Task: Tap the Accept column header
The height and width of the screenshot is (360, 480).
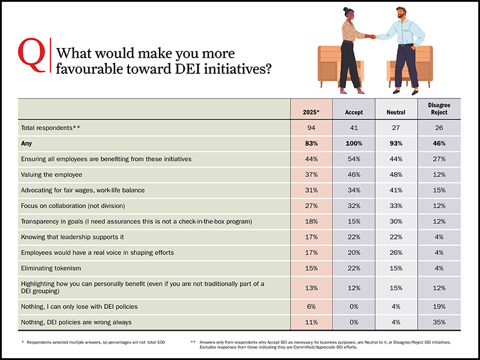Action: click(353, 112)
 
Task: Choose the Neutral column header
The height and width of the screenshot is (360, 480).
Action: click(395, 112)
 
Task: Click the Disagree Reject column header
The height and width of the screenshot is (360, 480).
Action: click(439, 109)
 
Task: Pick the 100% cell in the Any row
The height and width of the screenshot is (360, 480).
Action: click(353, 143)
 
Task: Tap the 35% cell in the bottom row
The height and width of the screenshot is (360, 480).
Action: click(439, 322)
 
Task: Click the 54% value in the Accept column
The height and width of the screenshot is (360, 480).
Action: click(353, 158)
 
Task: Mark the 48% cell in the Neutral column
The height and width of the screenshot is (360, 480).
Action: click(395, 175)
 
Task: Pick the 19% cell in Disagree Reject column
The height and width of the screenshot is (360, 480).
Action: click(439, 307)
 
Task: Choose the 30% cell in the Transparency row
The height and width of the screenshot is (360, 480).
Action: click(395, 221)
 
